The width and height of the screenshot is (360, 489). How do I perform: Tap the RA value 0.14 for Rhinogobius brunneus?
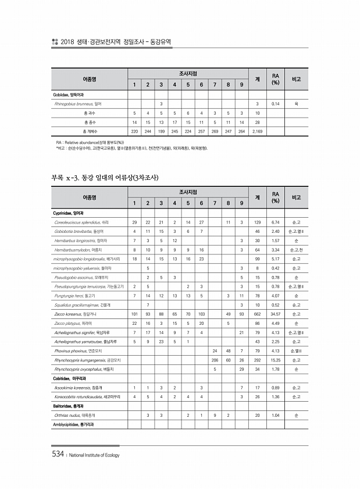click(x=276, y=104)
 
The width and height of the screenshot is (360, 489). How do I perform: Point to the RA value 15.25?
click(x=276, y=360)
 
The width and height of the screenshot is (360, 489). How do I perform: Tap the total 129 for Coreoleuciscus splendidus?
click(x=257, y=222)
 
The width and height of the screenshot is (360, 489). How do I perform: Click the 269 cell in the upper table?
click(x=215, y=132)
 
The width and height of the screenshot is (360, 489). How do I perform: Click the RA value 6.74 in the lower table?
click(x=276, y=222)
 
